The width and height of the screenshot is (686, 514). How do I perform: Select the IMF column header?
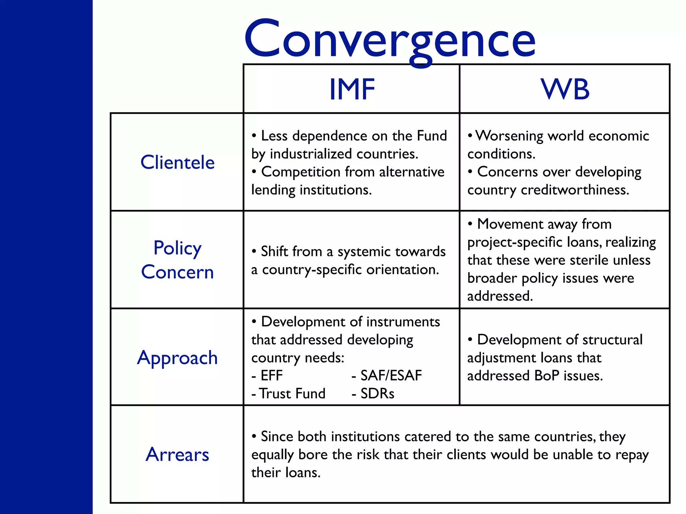352,89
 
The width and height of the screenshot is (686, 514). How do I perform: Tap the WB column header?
565,89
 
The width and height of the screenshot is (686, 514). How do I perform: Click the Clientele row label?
178,163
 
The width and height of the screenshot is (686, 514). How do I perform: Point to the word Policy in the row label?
178,248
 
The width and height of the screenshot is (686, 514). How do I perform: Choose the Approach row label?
178,358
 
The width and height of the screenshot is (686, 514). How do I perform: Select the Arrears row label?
178,454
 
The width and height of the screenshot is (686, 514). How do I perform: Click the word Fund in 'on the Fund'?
432,136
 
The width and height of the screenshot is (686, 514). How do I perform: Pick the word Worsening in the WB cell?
509,136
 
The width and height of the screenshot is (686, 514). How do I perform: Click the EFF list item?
271,376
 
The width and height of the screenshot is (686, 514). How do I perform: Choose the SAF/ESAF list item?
391,376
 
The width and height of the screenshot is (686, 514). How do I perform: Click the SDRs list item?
377,394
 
